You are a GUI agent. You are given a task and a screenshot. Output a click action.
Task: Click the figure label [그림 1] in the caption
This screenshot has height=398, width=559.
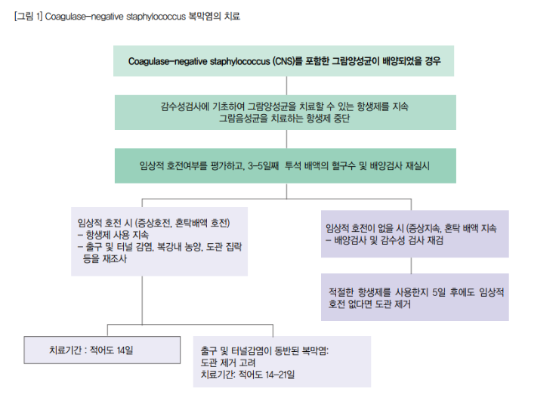point(29,17)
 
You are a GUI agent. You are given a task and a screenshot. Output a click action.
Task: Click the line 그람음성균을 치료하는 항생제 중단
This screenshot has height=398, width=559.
point(284,118)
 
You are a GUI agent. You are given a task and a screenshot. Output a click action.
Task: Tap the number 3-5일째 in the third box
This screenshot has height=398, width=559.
point(263,165)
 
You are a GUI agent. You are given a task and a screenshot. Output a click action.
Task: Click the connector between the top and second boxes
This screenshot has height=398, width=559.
point(286,85)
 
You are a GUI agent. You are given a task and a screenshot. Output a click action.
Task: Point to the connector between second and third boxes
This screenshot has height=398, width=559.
point(286,139)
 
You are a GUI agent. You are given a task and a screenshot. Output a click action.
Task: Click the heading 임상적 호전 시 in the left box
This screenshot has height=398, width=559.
point(105,223)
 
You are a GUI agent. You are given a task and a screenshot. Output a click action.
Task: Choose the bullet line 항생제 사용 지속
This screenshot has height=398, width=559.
point(113,235)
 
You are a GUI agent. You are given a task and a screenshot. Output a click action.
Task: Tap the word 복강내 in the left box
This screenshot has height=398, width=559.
point(169,246)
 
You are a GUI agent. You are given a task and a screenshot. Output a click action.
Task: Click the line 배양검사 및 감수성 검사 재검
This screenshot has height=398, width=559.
point(385,240)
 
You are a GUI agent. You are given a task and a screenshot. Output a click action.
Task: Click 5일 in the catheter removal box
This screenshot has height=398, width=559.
point(439,292)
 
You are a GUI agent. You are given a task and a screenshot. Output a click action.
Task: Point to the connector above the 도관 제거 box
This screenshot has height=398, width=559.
point(411,265)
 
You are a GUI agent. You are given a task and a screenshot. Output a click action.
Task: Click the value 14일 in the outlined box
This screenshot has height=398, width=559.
point(125,350)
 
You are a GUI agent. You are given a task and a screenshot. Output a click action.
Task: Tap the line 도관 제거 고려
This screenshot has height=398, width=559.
point(228,363)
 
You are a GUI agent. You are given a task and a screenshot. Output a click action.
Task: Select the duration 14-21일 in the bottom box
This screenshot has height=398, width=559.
point(279,375)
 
